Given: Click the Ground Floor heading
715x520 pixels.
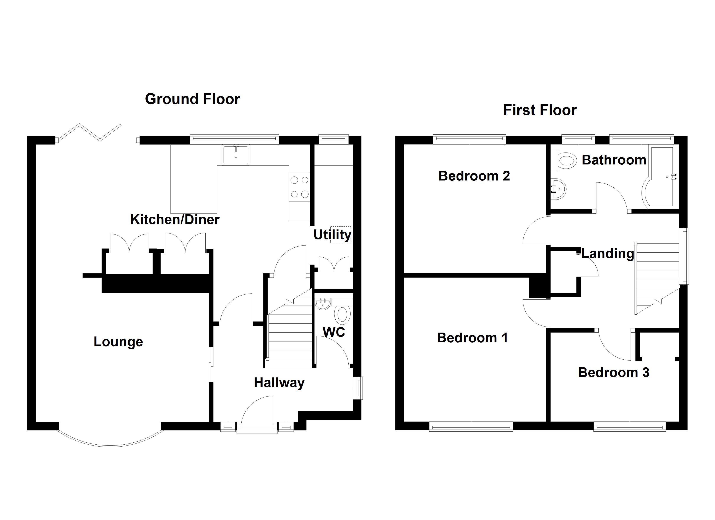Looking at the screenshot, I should (192, 99).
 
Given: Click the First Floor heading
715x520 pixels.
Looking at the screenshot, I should (540, 110).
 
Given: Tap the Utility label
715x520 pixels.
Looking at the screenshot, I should (332, 235).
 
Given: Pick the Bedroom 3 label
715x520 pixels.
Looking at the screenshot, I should (613, 372).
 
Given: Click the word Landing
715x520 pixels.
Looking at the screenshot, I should (607, 253).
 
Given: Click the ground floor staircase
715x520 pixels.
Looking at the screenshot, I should (289, 337).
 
